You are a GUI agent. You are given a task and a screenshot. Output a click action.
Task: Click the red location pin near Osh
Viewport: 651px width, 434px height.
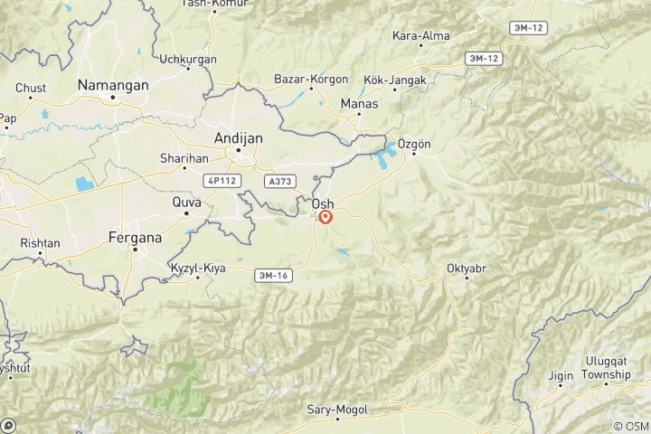click(x=325, y=217)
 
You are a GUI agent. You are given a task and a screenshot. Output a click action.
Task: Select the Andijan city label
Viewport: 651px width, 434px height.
click(x=239, y=137)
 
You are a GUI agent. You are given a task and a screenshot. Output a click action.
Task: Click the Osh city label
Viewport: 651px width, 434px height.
click(x=322, y=204)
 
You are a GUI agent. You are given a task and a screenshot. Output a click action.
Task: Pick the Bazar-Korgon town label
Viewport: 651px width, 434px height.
click(x=311, y=80)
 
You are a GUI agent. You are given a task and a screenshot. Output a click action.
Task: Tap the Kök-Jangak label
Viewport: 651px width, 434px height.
click(x=391, y=81)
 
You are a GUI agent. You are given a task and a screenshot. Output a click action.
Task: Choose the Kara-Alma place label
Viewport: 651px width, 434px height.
click(x=420, y=37)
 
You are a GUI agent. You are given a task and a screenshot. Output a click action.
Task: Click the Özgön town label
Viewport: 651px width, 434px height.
click(x=415, y=146)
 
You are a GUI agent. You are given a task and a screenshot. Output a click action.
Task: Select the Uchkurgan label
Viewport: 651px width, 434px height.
click(x=188, y=59)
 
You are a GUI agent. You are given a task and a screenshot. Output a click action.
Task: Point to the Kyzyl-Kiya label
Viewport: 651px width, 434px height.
click(x=197, y=269)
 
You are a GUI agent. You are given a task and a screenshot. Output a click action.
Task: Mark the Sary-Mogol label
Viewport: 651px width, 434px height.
click(x=337, y=410)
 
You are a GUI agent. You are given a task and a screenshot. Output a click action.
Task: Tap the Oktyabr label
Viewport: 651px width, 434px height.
click(x=467, y=269)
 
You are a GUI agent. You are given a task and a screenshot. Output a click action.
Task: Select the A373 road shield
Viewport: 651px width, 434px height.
click(x=278, y=182)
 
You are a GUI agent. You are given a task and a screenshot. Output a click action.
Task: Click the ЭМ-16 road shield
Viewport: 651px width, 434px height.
click(x=271, y=274)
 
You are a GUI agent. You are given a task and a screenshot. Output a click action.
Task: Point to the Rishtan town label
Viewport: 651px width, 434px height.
click(x=40, y=243)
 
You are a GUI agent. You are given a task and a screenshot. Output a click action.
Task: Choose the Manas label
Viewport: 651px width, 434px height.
click(x=359, y=104)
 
